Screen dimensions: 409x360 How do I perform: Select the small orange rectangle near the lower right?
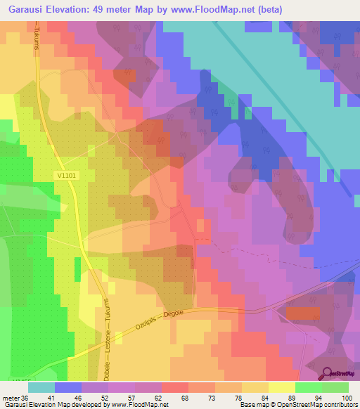coord(302,313)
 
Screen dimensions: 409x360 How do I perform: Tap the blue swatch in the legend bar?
coord(68,387)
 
